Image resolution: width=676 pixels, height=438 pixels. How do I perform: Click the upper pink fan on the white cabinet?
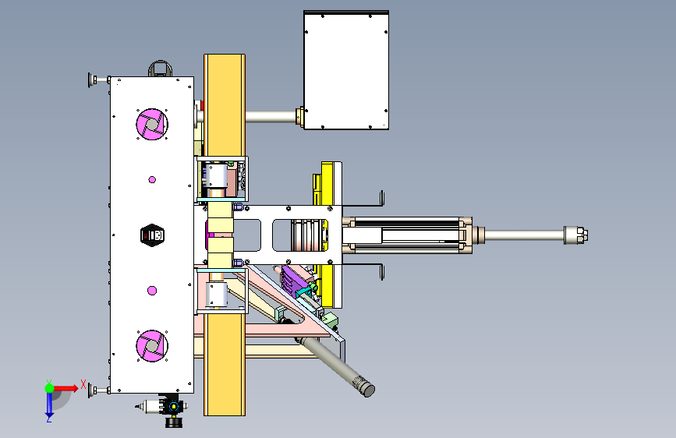coord(152,124)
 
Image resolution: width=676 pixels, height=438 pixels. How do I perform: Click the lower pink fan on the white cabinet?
coord(152,346)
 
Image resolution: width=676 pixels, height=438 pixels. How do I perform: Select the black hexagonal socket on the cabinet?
coord(152,235)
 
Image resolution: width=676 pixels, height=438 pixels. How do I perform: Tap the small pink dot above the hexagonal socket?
coord(152,180)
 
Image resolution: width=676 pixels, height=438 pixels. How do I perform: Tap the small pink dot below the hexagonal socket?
coord(152,291)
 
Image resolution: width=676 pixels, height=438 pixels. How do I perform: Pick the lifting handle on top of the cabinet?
coord(160,68)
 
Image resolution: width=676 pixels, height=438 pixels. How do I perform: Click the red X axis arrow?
coord(65,388)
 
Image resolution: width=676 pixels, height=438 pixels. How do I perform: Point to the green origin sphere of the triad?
coord(49,388)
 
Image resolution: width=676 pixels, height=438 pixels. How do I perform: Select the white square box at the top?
coord(346,70)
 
